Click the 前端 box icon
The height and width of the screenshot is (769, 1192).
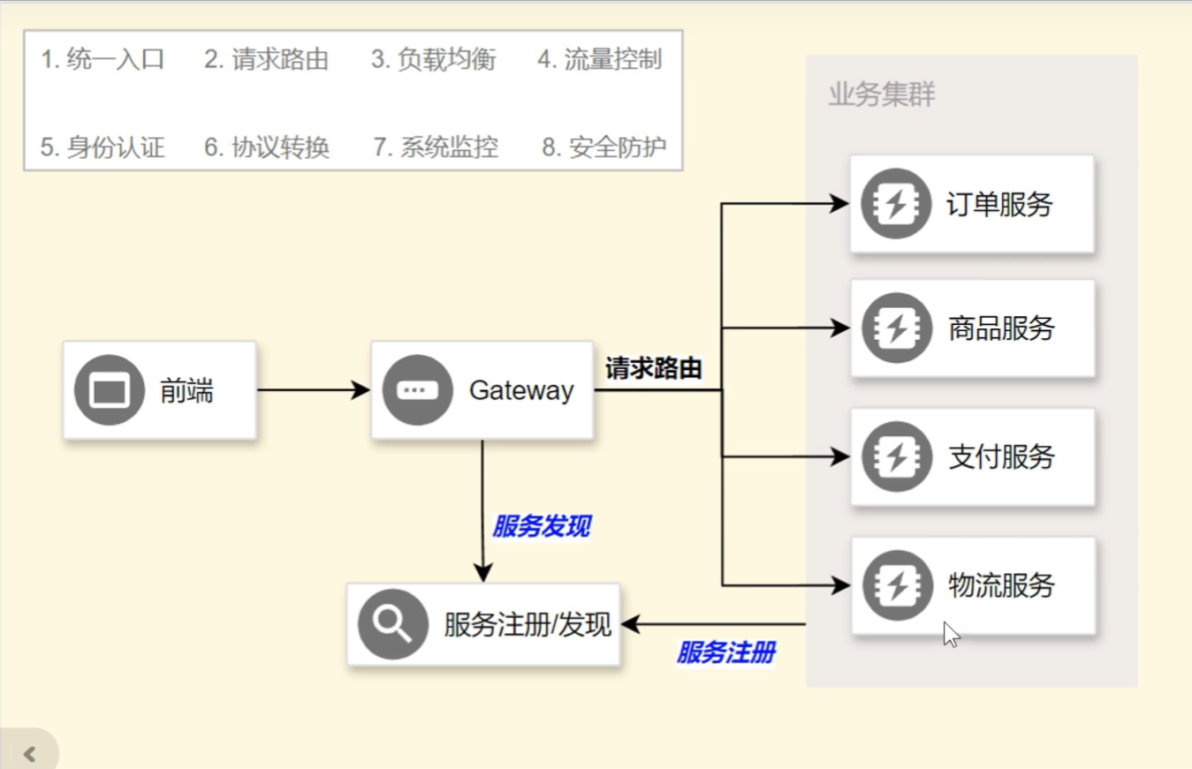pyautogui.click(x=110, y=390)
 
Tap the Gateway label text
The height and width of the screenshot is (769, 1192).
pyautogui.click(x=520, y=390)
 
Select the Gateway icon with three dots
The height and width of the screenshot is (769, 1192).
pyautogui.click(x=417, y=390)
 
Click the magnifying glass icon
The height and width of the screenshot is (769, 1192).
pyautogui.click(x=393, y=624)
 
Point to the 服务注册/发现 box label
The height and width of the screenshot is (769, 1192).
pyautogui.click(x=528, y=624)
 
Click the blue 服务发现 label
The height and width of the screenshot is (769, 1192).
pyautogui.click(x=541, y=527)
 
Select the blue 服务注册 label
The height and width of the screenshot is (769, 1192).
pyautogui.click(x=725, y=653)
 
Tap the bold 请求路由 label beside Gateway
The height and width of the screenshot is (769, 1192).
pyautogui.click(x=653, y=368)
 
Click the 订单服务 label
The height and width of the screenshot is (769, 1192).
pyautogui.click(x=999, y=205)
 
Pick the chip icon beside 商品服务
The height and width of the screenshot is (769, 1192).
pyautogui.click(x=896, y=328)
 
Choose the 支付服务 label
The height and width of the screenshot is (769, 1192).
pyautogui.click(x=1001, y=457)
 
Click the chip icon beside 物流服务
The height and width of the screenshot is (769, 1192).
pyautogui.click(x=896, y=585)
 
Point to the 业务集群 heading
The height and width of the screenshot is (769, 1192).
pyautogui.click(x=881, y=94)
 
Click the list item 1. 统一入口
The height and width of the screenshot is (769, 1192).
pyautogui.click(x=102, y=60)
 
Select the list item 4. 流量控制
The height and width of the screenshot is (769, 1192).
pyautogui.click(x=600, y=60)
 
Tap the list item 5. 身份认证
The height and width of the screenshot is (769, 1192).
pyautogui.click(x=102, y=147)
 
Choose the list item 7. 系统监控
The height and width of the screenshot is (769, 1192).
pyautogui.click(x=436, y=147)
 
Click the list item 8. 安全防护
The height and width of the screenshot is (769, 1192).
pyautogui.click(x=604, y=147)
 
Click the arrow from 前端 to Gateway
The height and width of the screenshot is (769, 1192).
pyautogui.click(x=313, y=390)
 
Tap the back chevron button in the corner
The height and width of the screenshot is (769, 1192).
pyautogui.click(x=30, y=753)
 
